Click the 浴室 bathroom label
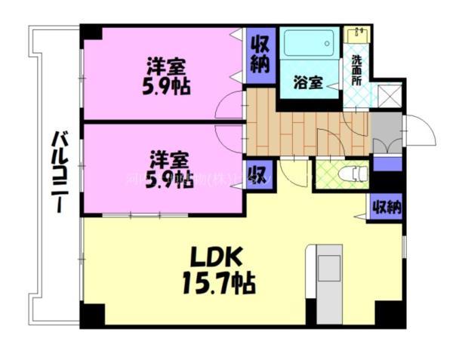click(x=309, y=83)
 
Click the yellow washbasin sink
click(x=355, y=35)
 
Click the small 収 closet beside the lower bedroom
click(x=254, y=176)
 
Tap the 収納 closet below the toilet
click(x=386, y=206)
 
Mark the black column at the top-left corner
click(x=91, y=33)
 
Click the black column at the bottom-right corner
click(x=390, y=314)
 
